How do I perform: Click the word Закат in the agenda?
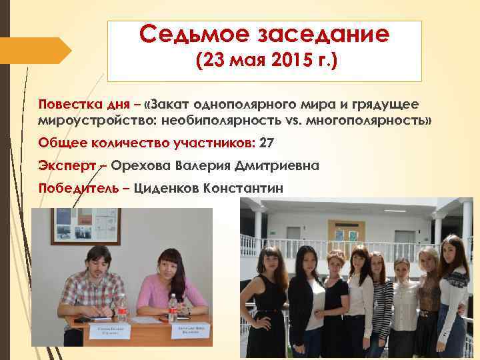(x=173, y=104)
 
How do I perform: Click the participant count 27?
(x=267, y=143)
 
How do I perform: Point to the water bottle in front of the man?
(x=122, y=309)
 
